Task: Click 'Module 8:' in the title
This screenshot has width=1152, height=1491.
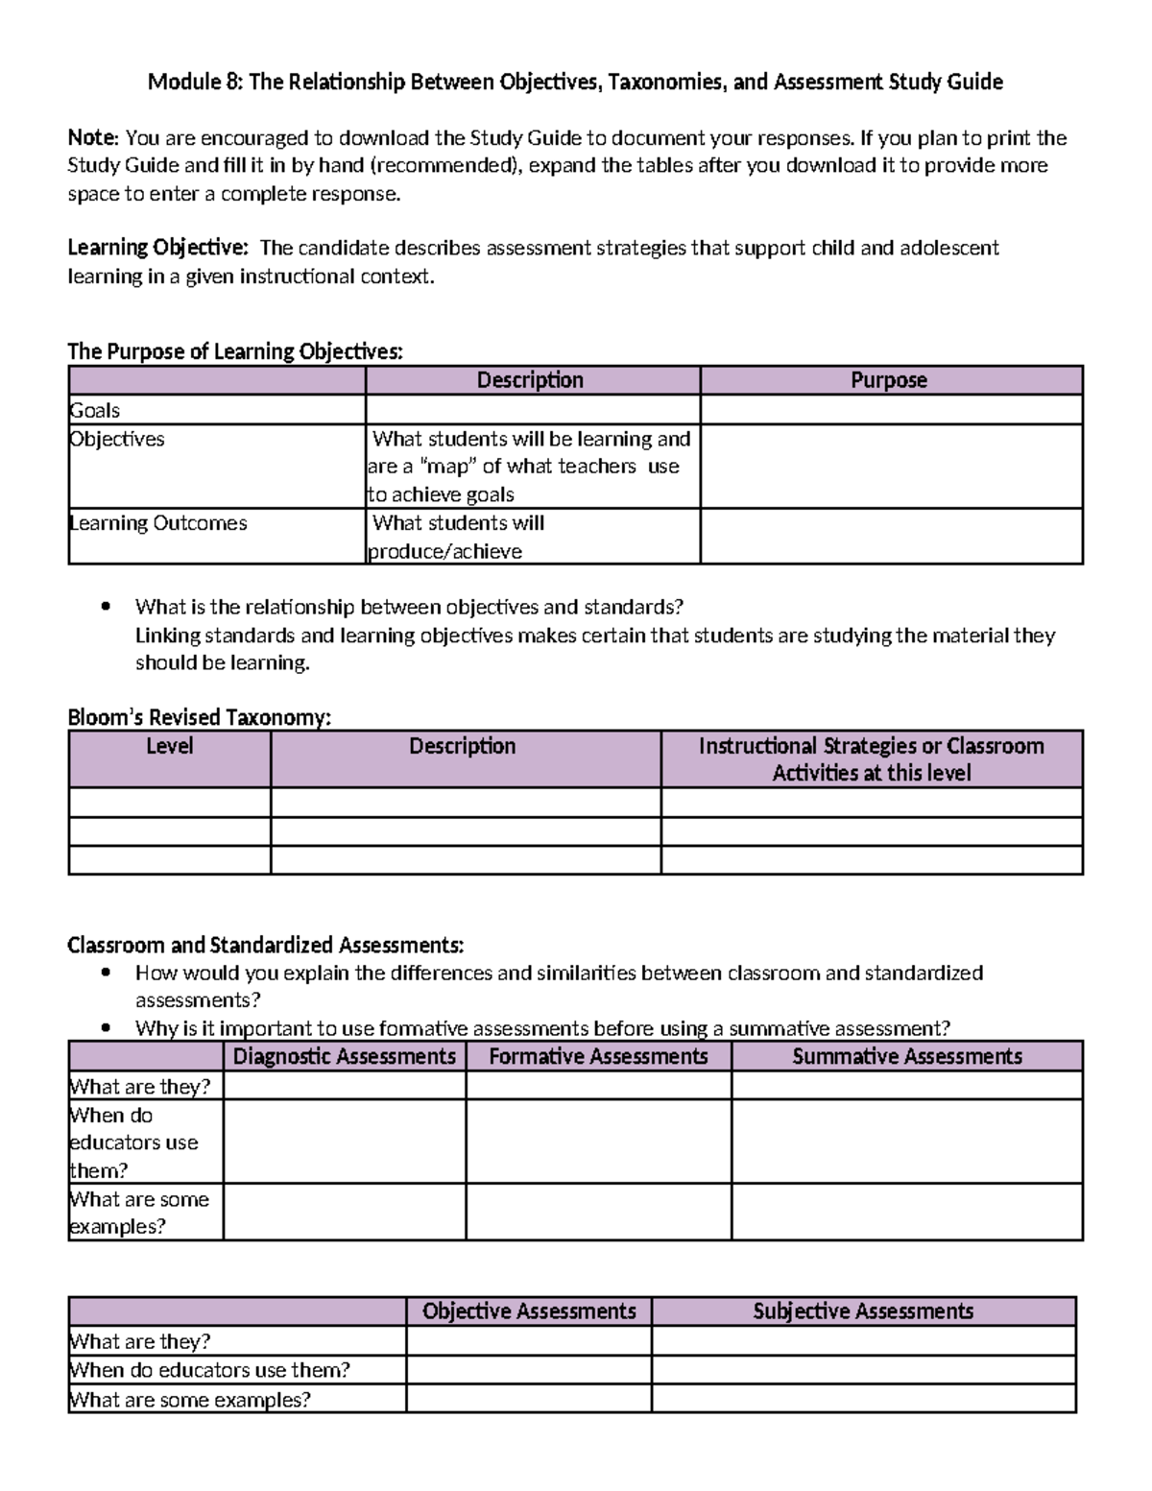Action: point(195,83)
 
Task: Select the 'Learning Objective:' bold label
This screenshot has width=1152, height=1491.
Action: point(157,248)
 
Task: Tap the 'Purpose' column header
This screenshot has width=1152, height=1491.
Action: point(889,380)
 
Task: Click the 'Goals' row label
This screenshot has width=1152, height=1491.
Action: point(95,411)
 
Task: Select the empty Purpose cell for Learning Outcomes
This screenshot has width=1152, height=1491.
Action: point(891,536)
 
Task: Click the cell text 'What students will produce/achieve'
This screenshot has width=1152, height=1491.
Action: point(457,537)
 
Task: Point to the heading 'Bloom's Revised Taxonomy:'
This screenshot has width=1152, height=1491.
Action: point(199,717)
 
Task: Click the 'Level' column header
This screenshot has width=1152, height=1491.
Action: point(170,747)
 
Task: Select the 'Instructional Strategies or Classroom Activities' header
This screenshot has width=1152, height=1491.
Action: point(871,759)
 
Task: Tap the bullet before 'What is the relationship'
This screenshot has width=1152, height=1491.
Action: point(107,607)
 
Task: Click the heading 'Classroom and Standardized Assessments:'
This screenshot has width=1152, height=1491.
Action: point(265,946)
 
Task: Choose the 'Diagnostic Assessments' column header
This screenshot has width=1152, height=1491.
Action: point(345,1057)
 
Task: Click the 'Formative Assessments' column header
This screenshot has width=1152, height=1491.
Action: point(598,1057)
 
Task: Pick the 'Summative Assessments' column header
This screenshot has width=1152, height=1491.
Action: point(906,1057)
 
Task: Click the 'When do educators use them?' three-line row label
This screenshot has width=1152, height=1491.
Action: point(134,1142)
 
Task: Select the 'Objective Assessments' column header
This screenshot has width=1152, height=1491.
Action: point(529,1311)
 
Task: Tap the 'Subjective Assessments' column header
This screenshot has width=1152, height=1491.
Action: point(863,1311)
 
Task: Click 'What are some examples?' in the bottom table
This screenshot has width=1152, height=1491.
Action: point(190,1400)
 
